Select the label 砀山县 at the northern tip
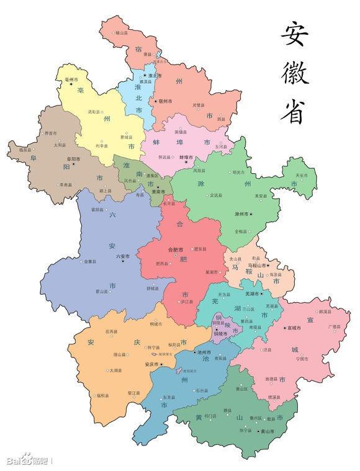121,32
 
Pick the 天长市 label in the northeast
302,176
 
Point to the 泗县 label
221,119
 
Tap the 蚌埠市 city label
186,158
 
